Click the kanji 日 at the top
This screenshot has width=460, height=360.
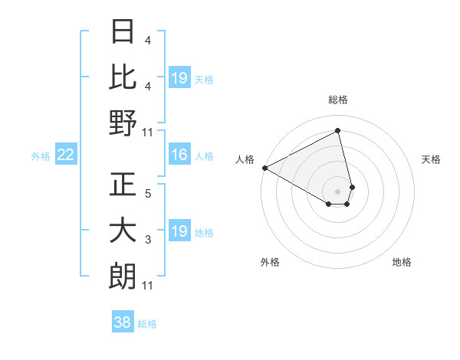tap(123, 32)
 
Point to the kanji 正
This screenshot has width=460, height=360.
tap(123, 185)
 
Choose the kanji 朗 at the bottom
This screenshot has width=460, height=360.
tap(123, 276)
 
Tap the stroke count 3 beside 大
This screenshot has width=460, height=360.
tap(148, 241)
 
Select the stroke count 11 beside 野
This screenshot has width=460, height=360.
tap(148, 132)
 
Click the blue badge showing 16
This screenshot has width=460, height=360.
tap(179, 155)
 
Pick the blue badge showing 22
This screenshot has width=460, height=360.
tap(65, 155)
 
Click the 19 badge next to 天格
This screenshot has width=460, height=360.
tap(179, 78)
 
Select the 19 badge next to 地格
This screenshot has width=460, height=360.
tap(179, 232)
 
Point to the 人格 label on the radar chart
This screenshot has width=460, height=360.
tap(245, 159)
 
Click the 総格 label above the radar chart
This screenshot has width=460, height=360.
tap(338, 100)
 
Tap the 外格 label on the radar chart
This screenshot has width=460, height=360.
tap(270, 262)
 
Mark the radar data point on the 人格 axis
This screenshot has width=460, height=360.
tap(264, 168)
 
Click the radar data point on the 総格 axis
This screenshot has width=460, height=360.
tap(338, 131)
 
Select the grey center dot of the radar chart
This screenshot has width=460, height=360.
tap(338, 191)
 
